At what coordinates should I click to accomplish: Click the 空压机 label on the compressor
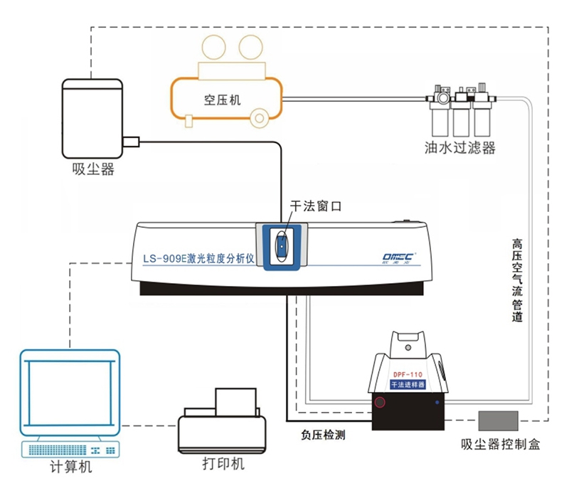tap(222, 100)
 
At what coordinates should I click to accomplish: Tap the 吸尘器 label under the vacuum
tap(93, 169)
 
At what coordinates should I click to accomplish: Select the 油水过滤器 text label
tap(459, 149)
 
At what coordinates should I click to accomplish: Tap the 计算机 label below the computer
tap(70, 467)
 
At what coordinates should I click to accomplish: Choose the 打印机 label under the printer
tap(223, 464)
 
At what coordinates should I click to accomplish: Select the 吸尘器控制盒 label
tap(501, 445)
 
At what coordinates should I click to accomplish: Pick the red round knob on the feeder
tap(381, 403)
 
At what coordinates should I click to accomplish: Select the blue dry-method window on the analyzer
tap(282, 245)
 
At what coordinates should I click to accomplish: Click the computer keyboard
tap(70, 449)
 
